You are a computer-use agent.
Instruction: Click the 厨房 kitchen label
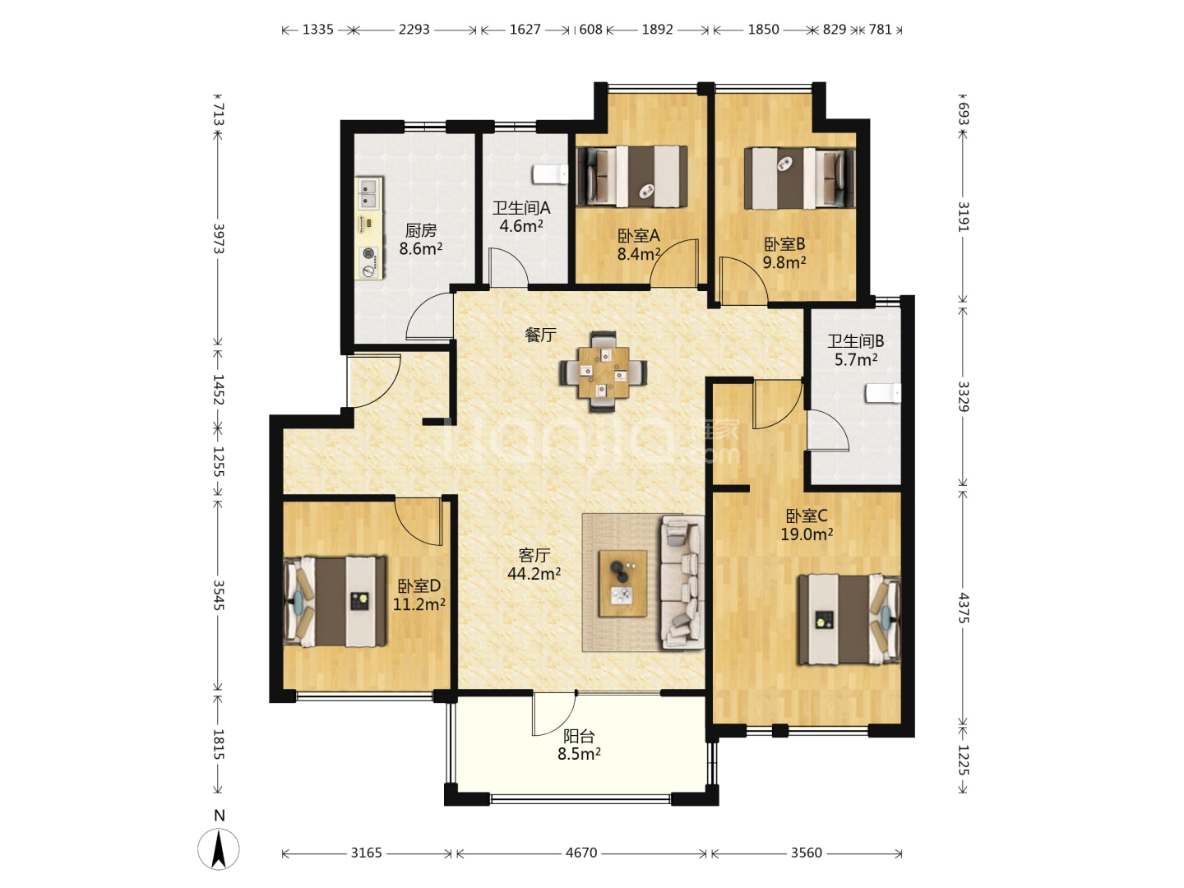(421, 231)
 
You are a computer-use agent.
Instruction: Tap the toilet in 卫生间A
(550, 174)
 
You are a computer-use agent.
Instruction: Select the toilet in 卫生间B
(883, 393)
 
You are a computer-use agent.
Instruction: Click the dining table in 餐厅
(603, 372)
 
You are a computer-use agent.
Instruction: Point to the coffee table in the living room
(623, 583)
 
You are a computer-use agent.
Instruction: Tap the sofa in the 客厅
(682, 582)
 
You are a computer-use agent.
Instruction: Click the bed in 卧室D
(335, 601)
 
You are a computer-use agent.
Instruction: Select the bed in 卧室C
(849, 619)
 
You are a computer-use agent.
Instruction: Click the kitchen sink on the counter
(369, 194)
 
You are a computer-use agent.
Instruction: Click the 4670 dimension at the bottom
(581, 853)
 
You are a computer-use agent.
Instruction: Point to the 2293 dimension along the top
(414, 29)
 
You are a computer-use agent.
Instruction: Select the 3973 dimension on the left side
(219, 238)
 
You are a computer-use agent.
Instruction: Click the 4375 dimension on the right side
(964, 608)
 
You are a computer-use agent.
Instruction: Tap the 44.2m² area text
(534, 574)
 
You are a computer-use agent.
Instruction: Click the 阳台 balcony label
(579, 736)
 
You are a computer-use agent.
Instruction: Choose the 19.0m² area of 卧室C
(807, 534)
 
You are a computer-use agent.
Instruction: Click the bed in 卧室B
(799, 178)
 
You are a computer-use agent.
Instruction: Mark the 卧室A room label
(639, 236)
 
